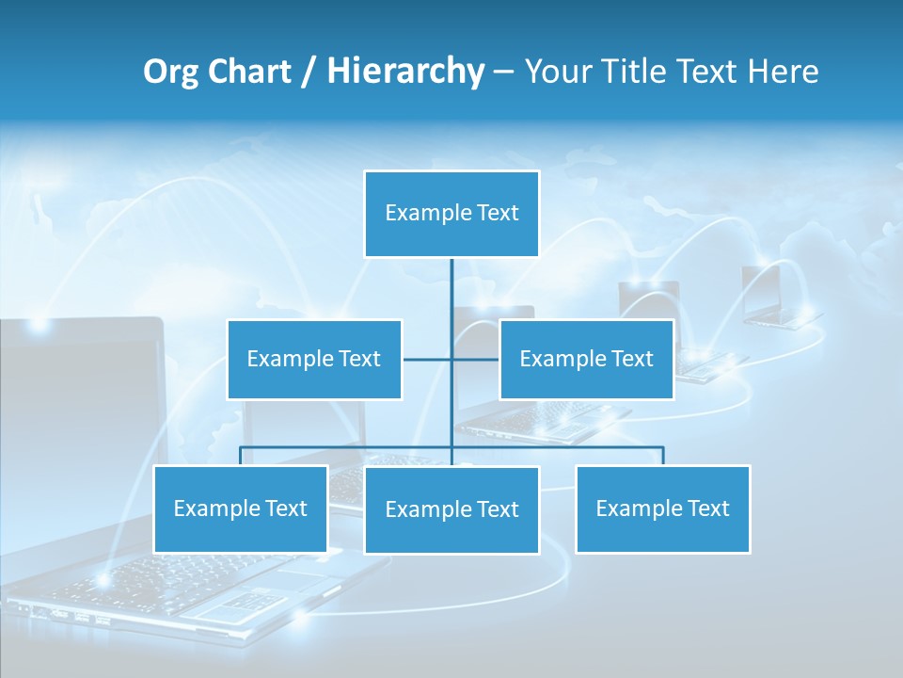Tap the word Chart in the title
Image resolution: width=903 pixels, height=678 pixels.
click(x=248, y=72)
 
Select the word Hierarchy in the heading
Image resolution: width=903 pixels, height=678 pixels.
click(x=405, y=72)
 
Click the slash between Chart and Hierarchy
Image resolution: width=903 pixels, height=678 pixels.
click(x=309, y=73)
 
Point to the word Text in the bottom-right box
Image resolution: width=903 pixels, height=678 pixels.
click(x=707, y=508)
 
